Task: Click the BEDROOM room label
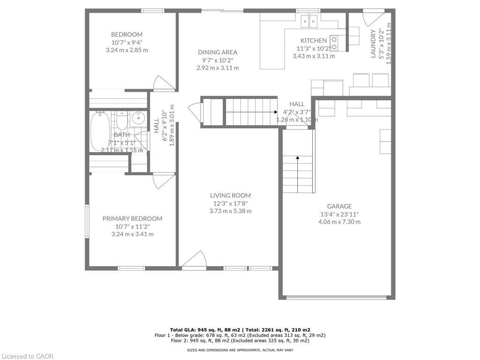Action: click(x=127, y=34)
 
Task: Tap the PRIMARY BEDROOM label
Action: click(x=132, y=218)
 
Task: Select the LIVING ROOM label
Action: click(x=230, y=195)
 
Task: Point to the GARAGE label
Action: click(x=339, y=206)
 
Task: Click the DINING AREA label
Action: click(x=217, y=52)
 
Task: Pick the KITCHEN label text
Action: click(x=314, y=40)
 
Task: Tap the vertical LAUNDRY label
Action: click(x=373, y=44)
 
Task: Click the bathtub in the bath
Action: click(x=100, y=130)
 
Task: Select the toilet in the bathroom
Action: click(x=121, y=121)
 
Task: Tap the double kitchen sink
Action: click(x=309, y=20)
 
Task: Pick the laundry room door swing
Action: click(x=373, y=19)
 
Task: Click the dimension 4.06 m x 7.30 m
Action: click(x=339, y=222)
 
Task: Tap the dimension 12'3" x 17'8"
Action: click(x=230, y=203)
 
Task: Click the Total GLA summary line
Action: click(x=240, y=330)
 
